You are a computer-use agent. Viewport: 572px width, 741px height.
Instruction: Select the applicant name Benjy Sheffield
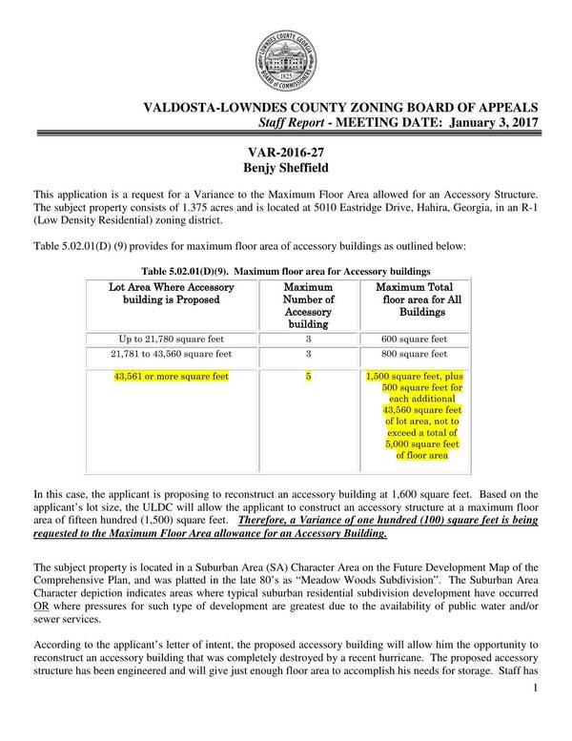[x=286, y=171]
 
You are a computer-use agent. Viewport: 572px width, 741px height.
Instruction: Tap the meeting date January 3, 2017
[x=486, y=124]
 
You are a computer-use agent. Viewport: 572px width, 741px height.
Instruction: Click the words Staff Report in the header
[x=293, y=124]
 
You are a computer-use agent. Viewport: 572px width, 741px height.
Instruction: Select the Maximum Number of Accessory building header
[x=309, y=306]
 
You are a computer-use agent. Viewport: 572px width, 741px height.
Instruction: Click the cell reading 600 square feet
[x=416, y=338]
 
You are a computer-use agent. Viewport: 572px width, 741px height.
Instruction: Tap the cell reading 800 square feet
[x=416, y=355]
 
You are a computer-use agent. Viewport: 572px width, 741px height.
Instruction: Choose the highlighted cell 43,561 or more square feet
[x=172, y=377]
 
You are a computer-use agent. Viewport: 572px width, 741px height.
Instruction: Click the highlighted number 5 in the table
[x=309, y=377]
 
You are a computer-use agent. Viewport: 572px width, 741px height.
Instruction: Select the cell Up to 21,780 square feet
[x=172, y=338]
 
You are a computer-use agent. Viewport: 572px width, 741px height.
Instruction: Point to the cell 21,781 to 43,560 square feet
[x=172, y=355]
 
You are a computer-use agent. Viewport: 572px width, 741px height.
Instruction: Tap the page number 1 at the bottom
[x=538, y=729]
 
